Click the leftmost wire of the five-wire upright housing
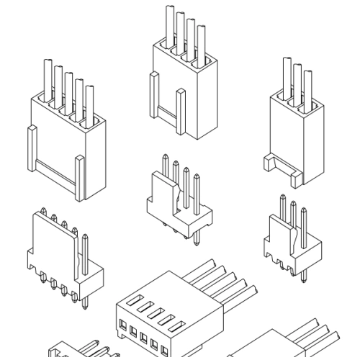point(45,78)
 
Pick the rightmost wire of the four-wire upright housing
point(202,42)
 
